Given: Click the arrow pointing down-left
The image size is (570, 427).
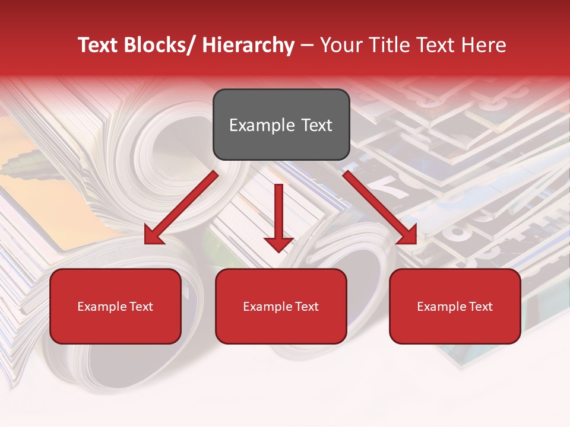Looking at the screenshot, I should coord(181,208).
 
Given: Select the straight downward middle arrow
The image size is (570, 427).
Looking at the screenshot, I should coord(278,216).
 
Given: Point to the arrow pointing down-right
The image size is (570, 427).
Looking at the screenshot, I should coord(380,208).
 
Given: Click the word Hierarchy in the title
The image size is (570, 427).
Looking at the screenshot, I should coord(248,45).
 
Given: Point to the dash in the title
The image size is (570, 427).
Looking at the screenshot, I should coord(307,45).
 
